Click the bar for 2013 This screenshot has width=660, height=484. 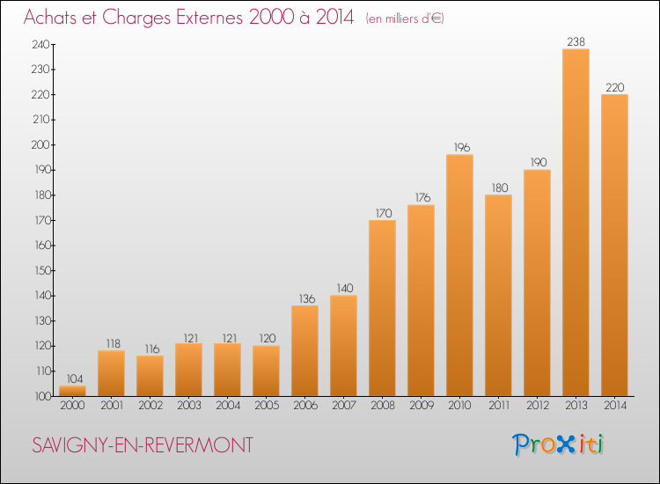[x=576, y=223]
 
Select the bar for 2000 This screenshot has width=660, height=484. [x=72, y=391]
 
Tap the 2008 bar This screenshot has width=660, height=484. [x=382, y=308]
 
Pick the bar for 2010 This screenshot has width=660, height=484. [x=459, y=275]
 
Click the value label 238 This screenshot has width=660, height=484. [x=576, y=41]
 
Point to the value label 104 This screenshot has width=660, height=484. [x=75, y=378]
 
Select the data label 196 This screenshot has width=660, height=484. [x=462, y=147]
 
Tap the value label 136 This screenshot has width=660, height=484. [x=307, y=298]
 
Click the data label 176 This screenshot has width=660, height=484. [x=422, y=197]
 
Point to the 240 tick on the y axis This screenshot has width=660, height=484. [x=40, y=44]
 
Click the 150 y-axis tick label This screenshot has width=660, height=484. [x=42, y=271]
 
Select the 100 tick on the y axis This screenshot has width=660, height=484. [x=42, y=397]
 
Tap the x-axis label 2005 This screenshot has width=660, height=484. [x=267, y=406]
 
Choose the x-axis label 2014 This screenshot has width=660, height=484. [x=615, y=406]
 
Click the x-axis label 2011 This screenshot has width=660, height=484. [x=499, y=406]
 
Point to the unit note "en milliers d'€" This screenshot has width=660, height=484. [x=405, y=18]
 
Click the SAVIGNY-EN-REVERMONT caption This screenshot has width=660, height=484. [x=143, y=445]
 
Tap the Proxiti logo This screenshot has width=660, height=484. [x=558, y=444]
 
